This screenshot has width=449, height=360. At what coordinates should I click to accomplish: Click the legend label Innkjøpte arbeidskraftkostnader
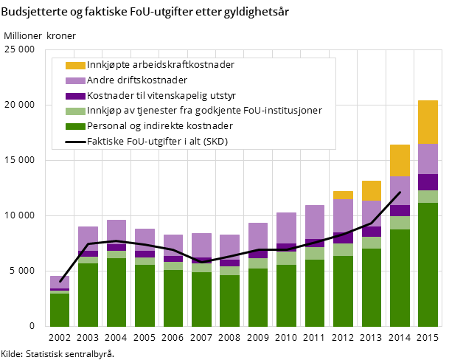click(x=160, y=65)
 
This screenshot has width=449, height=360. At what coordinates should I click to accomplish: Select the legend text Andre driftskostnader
click(x=136, y=80)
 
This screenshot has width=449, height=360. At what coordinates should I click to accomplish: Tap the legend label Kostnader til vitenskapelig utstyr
click(x=161, y=96)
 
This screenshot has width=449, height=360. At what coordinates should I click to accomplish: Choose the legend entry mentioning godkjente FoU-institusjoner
click(x=204, y=111)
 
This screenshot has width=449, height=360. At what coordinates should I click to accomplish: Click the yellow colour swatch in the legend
click(x=75, y=65)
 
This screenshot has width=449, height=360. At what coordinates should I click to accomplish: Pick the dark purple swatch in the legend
click(x=75, y=96)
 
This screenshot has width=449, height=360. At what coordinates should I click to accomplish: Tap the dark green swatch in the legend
click(x=75, y=126)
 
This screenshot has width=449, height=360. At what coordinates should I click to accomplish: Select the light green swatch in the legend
click(x=75, y=111)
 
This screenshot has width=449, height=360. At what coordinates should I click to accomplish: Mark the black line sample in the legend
click(x=75, y=142)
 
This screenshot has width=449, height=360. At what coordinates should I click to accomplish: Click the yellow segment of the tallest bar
click(x=428, y=122)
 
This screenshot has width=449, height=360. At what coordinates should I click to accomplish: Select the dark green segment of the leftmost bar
click(x=60, y=310)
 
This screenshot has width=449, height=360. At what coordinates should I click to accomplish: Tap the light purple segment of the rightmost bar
click(x=428, y=159)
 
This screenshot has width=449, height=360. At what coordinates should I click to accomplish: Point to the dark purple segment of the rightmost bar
click(x=428, y=182)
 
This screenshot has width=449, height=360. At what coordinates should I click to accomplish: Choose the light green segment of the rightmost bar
click(x=428, y=197)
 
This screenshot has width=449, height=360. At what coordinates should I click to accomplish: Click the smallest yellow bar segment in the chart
click(x=343, y=195)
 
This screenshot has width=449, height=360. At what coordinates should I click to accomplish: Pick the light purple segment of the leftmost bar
click(x=60, y=282)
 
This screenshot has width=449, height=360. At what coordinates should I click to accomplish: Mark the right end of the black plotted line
click(x=400, y=193)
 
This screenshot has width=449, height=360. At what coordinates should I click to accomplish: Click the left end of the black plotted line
click(x=60, y=281)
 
